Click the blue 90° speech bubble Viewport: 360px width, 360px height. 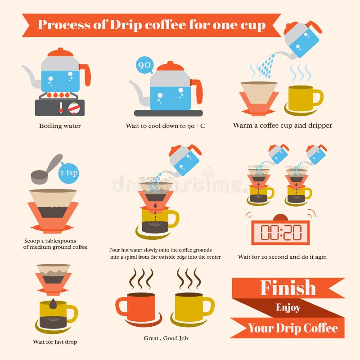tap(144, 66)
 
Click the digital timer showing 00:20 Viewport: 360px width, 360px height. tap(281, 232)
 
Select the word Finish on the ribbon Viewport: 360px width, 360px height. tap(288, 288)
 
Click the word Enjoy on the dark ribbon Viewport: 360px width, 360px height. tap(288, 308)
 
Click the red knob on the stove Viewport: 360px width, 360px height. tap(73, 108)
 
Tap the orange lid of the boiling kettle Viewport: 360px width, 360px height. tap(60, 53)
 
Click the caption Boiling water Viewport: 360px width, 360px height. tap(60, 126)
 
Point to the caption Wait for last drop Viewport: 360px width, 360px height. tap(54, 342)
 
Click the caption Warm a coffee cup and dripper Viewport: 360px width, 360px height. tap(282, 126)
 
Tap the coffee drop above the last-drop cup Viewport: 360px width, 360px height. tap(53, 304)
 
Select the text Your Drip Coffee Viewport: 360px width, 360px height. tap(292, 328)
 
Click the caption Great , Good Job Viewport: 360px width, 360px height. tap(166, 338)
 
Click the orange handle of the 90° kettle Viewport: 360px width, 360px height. tap(197, 90)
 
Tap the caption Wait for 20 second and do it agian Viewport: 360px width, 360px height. tap(282, 257)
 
